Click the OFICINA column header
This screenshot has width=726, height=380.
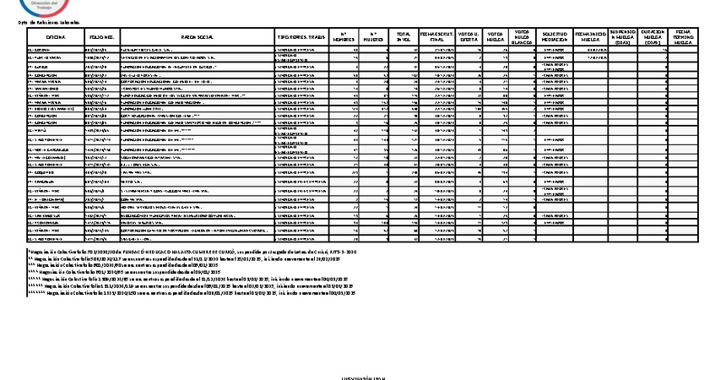click(x=56, y=38)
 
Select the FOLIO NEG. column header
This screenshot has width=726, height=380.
click(x=101, y=38)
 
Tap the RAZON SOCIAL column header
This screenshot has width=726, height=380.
click(x=198, y=38)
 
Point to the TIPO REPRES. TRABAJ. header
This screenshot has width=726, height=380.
click(x=301, y=38)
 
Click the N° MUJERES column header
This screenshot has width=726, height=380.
click(x=371, y=38)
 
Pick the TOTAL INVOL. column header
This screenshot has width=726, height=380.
click(x=403, y=38)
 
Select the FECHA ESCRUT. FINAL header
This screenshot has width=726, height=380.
click(x=437, y=38)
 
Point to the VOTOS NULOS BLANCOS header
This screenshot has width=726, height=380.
click(x=523, y=38)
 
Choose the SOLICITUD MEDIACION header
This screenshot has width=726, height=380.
click(x=554, y=38)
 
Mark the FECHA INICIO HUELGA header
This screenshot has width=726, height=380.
click(x=590, y=38)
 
